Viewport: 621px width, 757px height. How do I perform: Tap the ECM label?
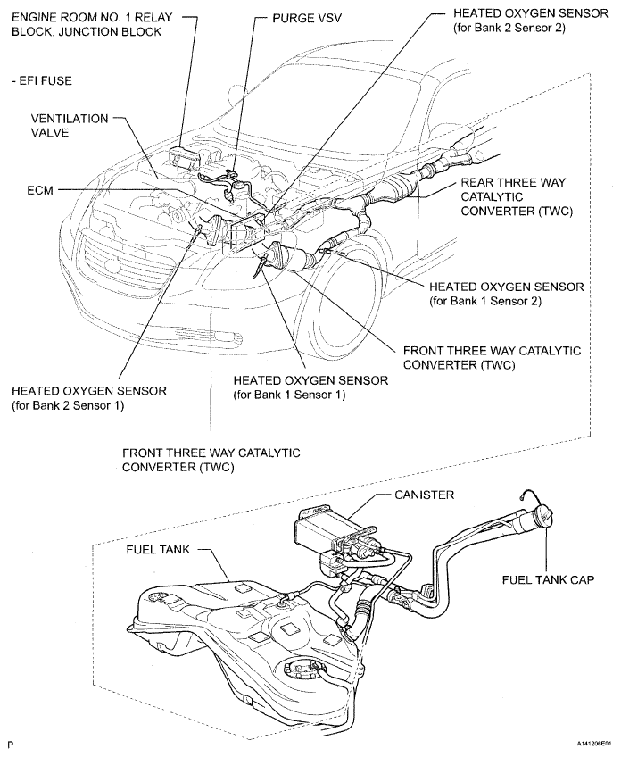pyautogui.click(x=41, y=189)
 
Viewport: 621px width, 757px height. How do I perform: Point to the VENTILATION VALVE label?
pyautogui.click(x=70, y=124)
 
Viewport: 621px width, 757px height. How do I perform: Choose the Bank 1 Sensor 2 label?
pyautogui.click(x=506, y=294)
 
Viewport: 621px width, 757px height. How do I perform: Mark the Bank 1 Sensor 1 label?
pyautogui.click(x=310, y=387)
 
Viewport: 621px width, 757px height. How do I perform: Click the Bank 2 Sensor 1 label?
pyautogui.click(x=88, y=398)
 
